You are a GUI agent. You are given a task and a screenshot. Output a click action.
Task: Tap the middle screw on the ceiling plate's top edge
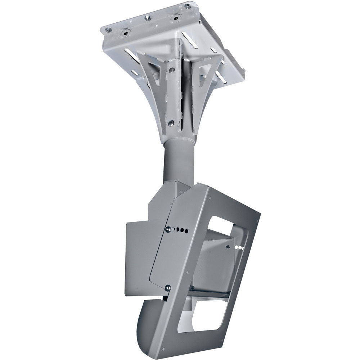(147, 18)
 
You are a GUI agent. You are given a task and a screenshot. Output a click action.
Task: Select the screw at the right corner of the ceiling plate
(187, 6)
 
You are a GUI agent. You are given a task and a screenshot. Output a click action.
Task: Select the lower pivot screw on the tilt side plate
(168, 287)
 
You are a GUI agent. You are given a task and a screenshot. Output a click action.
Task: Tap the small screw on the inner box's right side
(229, 247)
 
